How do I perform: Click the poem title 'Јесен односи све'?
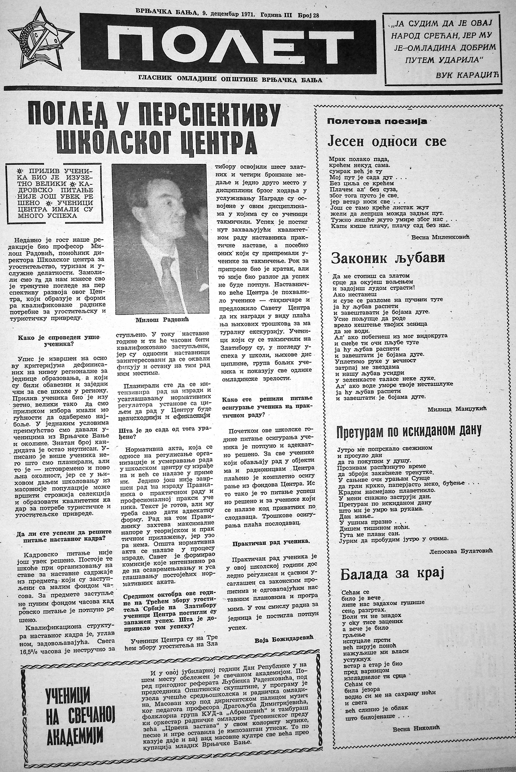pos(387,142)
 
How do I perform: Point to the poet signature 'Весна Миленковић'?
pos(441,237)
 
